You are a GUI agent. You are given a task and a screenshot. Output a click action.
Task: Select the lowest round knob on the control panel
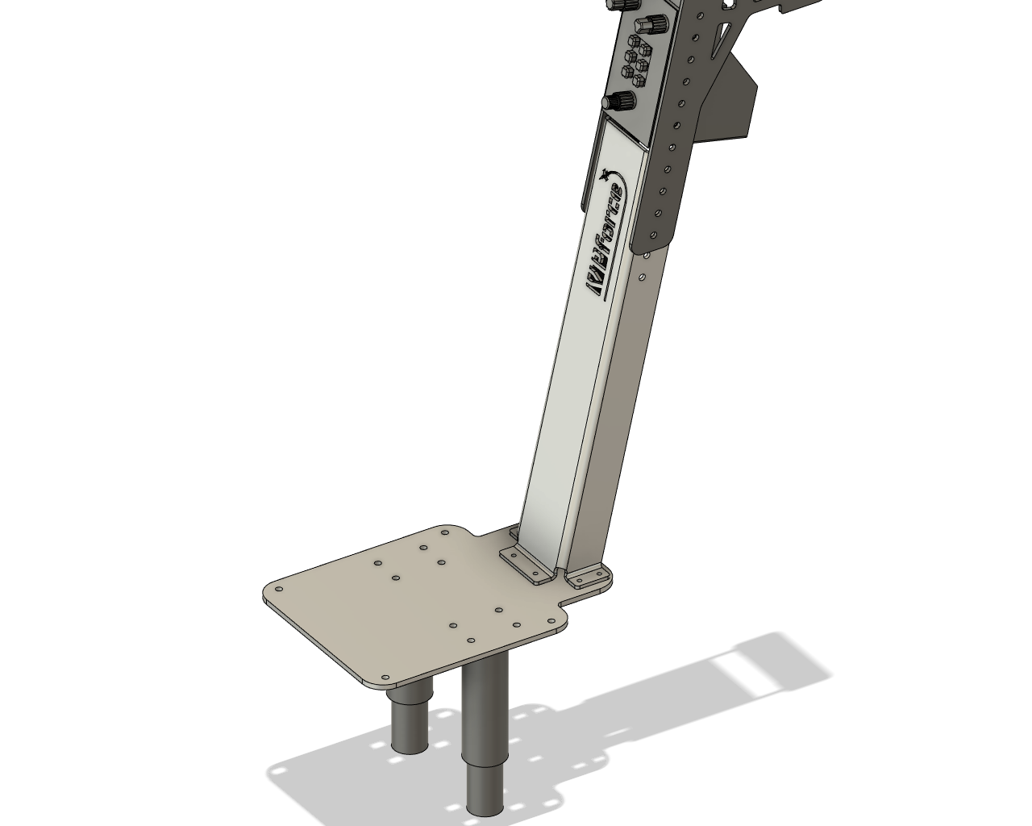pos(619,102)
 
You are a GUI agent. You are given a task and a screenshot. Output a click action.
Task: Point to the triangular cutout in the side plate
pos(722,35)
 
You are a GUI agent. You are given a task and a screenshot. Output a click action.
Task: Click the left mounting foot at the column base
pos(525,562)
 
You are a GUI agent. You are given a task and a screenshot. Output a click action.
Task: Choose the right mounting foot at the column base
pos(589,576)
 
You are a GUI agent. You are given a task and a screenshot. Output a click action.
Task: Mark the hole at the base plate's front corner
pos(385,678)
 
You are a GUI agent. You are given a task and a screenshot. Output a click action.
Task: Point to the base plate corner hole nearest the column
pos(445,532)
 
